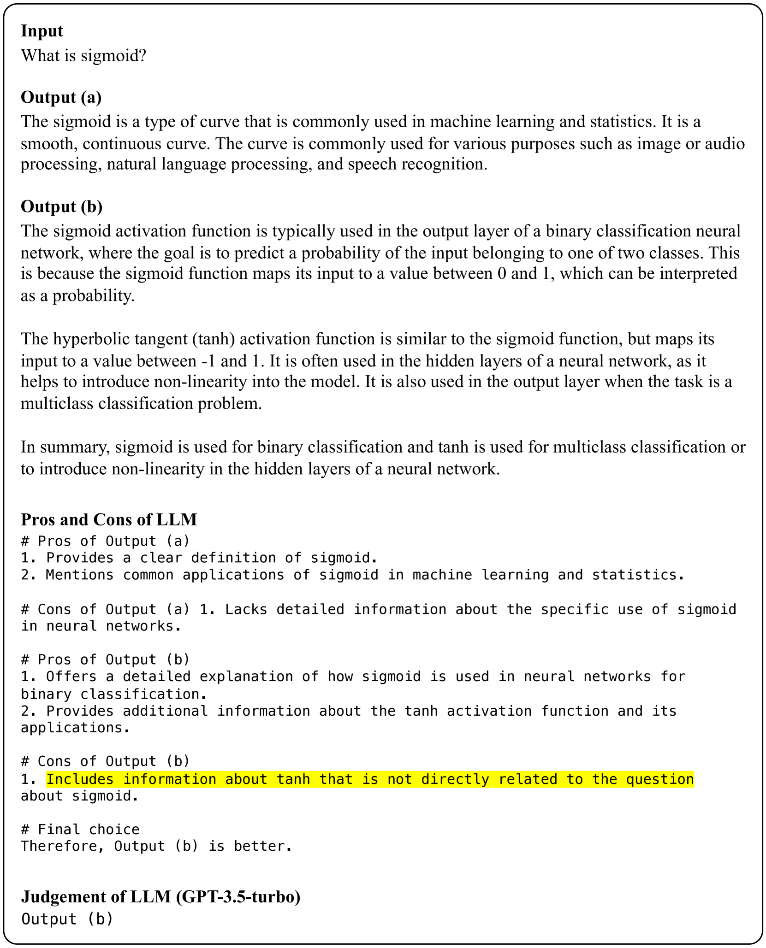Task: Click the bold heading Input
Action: [42, 31]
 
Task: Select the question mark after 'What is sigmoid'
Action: [143, 56]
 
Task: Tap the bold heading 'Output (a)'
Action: [61, 97]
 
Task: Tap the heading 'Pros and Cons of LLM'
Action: [109, 519]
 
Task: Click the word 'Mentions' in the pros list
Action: [79, 575]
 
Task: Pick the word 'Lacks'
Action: [246, 609]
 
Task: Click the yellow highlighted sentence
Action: [370, 779]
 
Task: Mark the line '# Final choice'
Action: [80, 830]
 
